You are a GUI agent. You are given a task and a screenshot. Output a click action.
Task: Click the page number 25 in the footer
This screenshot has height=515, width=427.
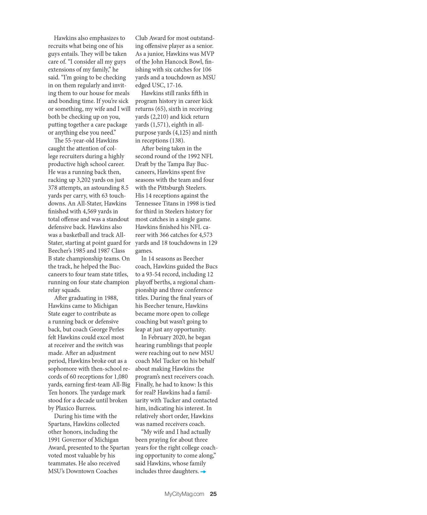tap(213, 494)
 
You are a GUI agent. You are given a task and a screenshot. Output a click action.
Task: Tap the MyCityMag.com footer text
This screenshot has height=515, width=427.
tap(184, 494)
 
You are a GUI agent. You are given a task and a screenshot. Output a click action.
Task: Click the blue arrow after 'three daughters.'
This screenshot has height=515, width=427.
tap(203, 472)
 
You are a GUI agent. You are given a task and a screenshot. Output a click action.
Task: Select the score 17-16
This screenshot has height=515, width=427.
tap(174, 85)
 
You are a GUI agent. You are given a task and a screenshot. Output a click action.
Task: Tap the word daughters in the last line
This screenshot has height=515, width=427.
tap(185, 471)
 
